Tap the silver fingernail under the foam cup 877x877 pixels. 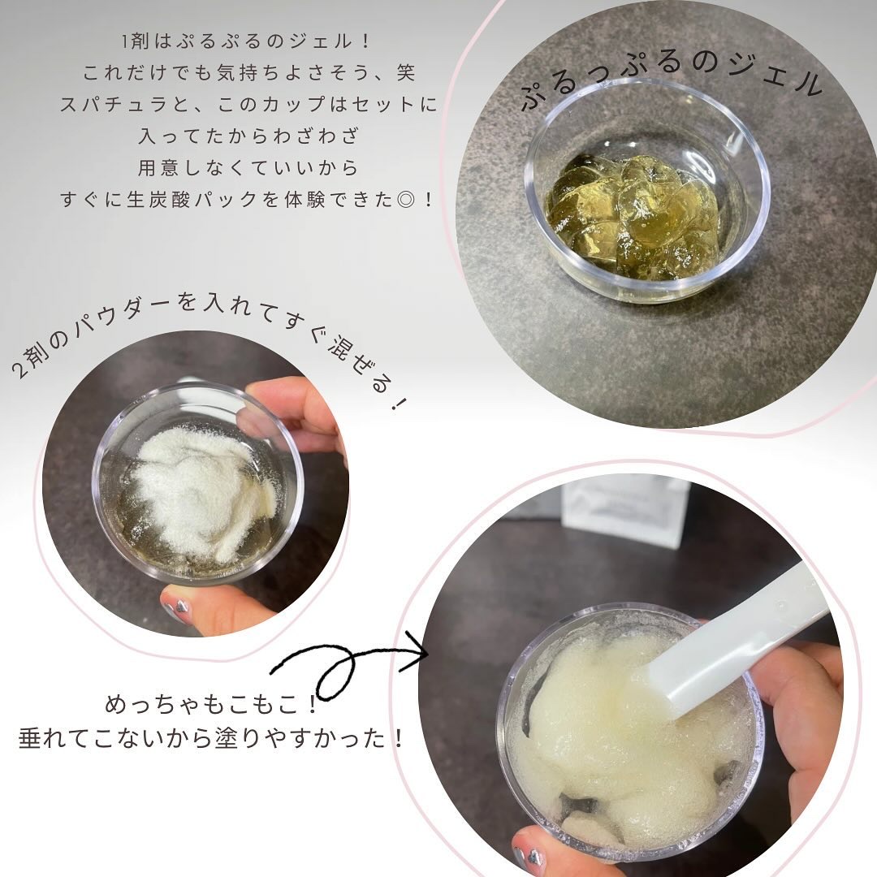pyautogui.click(x=528, y=856)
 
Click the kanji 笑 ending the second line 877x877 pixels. pyautogui.click(x=404, y=73)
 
